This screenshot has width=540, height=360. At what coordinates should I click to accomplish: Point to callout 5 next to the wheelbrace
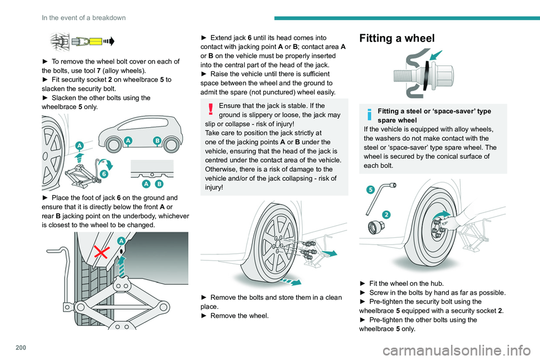tap(371, 190)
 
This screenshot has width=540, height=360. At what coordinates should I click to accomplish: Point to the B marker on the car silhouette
tap(157, 140)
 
